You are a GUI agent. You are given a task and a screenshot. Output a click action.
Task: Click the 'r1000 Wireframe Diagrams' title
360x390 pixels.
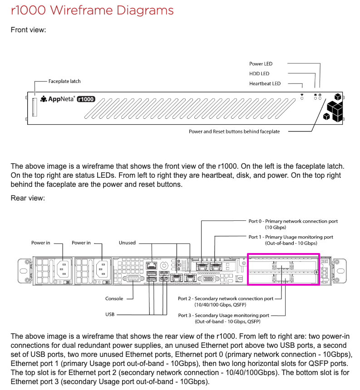pos(92,10)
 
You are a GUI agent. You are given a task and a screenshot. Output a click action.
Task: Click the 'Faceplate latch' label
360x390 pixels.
pos(64,81)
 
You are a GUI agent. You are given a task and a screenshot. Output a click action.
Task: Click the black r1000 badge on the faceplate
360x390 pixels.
pos(86,99)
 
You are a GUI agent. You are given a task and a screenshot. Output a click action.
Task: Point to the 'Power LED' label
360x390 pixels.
pos(261,64)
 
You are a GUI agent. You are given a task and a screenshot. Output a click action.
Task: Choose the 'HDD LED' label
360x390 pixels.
pos(259,73)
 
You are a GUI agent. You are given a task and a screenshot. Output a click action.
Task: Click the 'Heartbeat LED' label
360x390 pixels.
pos(265,83)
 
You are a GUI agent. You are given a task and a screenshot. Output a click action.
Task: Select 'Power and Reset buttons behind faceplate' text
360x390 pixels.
pos(234,132)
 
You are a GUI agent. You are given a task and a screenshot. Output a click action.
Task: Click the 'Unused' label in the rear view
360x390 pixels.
pos(127,243)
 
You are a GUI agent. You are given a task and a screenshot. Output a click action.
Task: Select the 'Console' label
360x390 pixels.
pos(114,299)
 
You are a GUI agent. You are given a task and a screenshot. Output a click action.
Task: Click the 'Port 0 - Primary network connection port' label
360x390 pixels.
pos(293,221)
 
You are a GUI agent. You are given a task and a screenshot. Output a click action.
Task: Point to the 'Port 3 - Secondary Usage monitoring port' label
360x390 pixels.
pos(224,315)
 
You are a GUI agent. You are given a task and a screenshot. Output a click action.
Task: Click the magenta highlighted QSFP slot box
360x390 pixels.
pos(283,269)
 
